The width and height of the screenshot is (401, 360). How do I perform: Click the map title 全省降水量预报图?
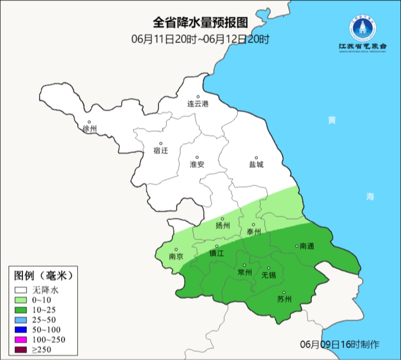point(200,23)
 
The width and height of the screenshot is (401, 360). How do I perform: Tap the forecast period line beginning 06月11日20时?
point(200,39)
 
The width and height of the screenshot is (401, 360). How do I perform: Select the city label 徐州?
point(90,129)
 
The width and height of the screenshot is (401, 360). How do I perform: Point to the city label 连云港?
point(198,104)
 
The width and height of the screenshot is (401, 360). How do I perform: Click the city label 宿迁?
point(161,150)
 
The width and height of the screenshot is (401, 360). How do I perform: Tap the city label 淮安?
point(197,165)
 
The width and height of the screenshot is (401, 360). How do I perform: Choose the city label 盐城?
point(256,165)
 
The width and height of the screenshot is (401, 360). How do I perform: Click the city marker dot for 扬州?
point(223,219)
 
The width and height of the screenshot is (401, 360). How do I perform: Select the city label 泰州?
point(254,232)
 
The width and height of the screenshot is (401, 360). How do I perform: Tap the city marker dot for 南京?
point(176,250)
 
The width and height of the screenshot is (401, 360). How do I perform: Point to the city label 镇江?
point(217,253)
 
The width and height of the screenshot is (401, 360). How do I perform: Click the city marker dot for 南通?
point(297,246)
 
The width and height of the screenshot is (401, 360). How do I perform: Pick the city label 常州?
point(245,273)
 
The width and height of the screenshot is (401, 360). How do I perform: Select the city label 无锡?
point(269,275)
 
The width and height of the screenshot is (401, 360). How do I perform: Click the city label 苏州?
point(284,299)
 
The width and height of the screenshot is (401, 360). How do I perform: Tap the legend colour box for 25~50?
point(21,320)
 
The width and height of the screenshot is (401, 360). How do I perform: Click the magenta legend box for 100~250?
point(21,340)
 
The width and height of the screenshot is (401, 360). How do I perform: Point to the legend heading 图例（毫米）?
point(43,276)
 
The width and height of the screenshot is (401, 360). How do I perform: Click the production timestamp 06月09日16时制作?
point(340,344)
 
